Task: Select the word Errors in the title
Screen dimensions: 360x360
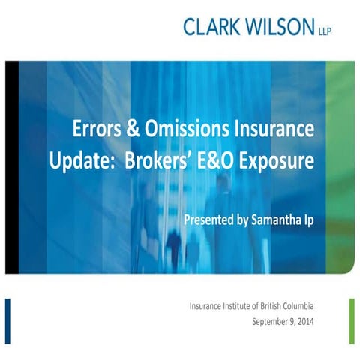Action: [x=99, y=130]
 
